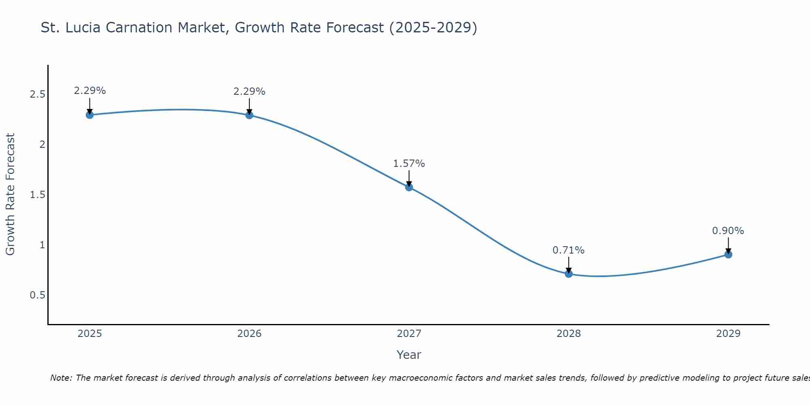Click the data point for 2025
coord(90,115)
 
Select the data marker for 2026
coord(249,115)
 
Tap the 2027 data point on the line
coord(409,187)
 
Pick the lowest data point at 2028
coord(569,274)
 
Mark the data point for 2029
coord(728,254)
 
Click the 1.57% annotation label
coord(409,164)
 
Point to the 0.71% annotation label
coord(569,250)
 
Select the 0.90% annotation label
coord(728,231)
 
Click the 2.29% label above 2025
coord(90,91)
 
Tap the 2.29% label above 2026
coord(249,92)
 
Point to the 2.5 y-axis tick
coord(37,94)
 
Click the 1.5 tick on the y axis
coord(37,195)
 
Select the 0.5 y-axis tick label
coord(37,295)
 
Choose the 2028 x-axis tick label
coord(569,334)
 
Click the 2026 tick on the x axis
coord(249,334)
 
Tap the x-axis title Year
coord(409,355)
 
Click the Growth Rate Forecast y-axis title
coord(10,194)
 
